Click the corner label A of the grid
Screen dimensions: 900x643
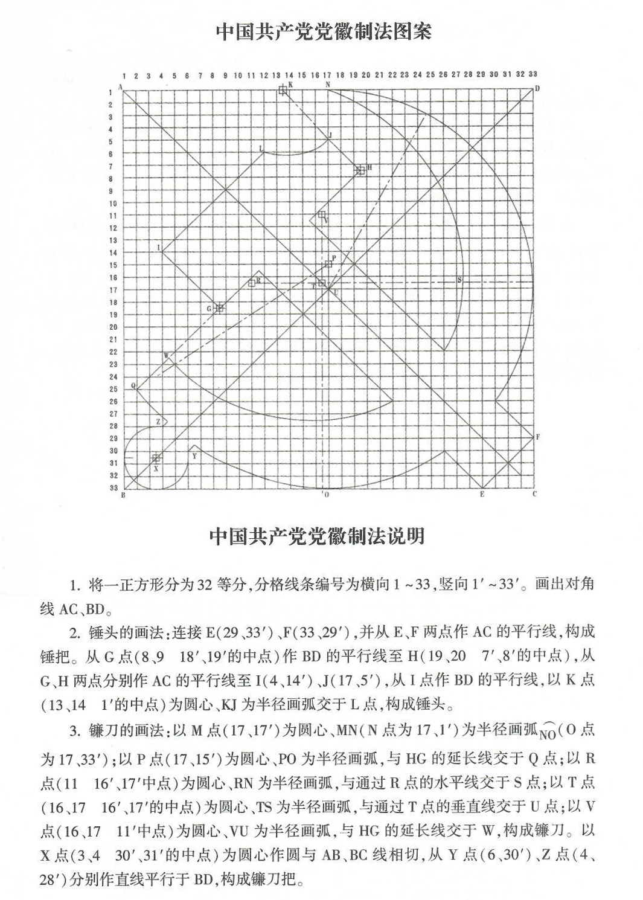pos(121,88)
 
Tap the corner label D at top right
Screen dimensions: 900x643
pos(536,89)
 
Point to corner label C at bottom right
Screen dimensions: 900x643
pos(534,494)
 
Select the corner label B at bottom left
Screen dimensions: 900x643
pos(123,495)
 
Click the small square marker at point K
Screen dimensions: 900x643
pos(283,90)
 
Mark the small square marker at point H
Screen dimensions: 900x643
pos(360,170)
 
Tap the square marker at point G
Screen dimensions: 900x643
pos(220,308)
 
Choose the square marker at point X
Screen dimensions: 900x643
pos(156,458)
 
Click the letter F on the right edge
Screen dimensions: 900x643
pos(537,436)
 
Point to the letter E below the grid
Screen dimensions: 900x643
pos(482,495)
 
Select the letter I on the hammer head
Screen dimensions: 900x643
pos(158,248)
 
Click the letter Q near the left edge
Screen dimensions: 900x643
pos(133,385)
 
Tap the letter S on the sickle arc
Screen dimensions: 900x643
pos(459,280)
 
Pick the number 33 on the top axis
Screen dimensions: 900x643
pos(533,74)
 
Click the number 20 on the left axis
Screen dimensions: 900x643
pos(112,327)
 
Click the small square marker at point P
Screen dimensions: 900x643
pos(328,264)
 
